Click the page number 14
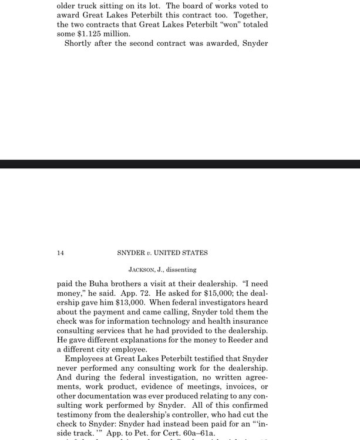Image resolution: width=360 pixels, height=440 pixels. [60, 253]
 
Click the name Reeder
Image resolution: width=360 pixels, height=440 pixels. [238, 340]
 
